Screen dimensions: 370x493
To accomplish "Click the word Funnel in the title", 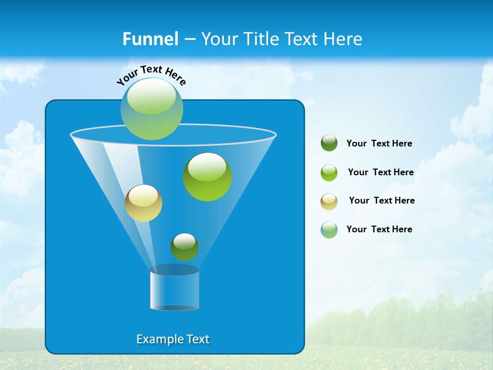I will click(150, 39).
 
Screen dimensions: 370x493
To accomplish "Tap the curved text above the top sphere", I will click(151, 75).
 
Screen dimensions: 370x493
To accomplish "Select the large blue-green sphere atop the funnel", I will click(152, 109).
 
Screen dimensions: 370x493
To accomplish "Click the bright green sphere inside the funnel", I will click(207, 177).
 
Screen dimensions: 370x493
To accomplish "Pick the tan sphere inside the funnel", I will click(143, 203).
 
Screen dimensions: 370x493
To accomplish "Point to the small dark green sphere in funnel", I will click(184, 247).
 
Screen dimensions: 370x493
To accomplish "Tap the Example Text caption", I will click(173, 339).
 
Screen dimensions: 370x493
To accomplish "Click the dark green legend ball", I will click(329, 143).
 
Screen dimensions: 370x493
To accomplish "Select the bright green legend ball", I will click(329, 173).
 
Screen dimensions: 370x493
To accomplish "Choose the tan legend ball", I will click(329, 201).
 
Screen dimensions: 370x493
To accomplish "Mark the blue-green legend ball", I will click(329, 230).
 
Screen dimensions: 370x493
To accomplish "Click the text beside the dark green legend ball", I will click(379, 144).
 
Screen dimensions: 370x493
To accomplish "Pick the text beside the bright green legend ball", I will click(381, 173).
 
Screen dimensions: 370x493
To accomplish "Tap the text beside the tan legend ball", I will click(382, 201).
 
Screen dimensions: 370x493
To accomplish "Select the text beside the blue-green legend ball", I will click(379, 230).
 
